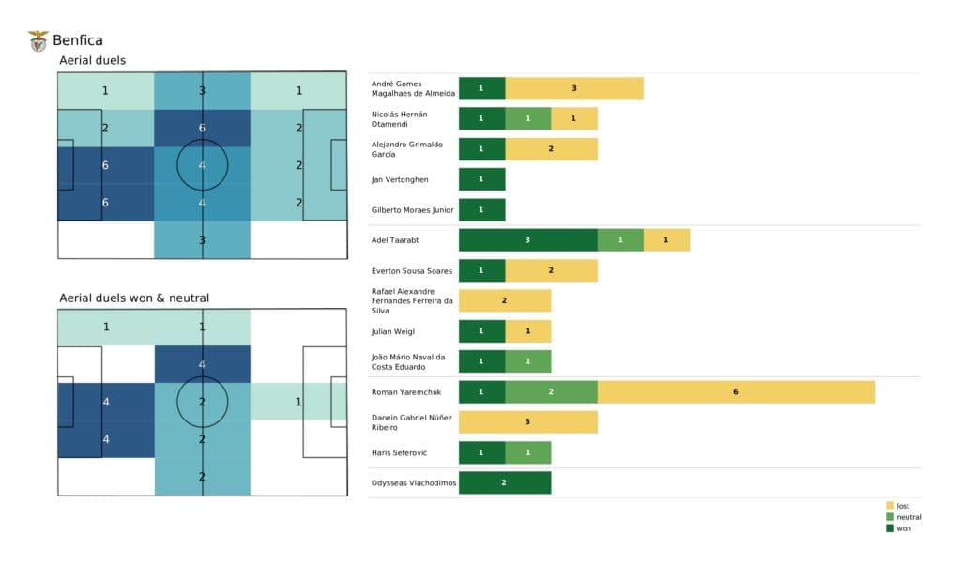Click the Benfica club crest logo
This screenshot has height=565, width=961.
pyautogui.click(x=38, y=40)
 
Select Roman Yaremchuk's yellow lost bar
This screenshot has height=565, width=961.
pyautogui.click(x=736, y=392)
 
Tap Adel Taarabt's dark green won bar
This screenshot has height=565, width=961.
pyautogui.click(x=527, y=240)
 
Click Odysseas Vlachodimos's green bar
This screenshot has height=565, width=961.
pyautogui.click(x=504, y=482)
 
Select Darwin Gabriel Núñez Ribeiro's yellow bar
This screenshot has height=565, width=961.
pyautogui.click(x=527, y=422)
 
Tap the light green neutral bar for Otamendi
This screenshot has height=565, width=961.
pyautogui.click(x=527, y=119)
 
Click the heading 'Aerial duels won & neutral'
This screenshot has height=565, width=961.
pyautogui.click(x=134, y=298)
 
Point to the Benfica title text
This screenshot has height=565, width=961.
pyautogui.click(x=78, y=40)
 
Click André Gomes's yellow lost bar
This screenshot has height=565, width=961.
pyautogui.click(x=573, y=88)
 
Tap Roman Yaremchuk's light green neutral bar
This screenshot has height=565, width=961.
pyautogui.click(x=551, y=392)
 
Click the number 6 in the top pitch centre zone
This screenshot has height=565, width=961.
pyautogui.click(x=202, y=129)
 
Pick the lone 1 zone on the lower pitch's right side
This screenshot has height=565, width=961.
pyautogui.click(x=297, y=402)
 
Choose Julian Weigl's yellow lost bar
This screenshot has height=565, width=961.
pyautogui.click(x=527, y=331)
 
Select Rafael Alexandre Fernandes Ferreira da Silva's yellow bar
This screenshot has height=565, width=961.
pyautogui.click(x=504, y=301)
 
